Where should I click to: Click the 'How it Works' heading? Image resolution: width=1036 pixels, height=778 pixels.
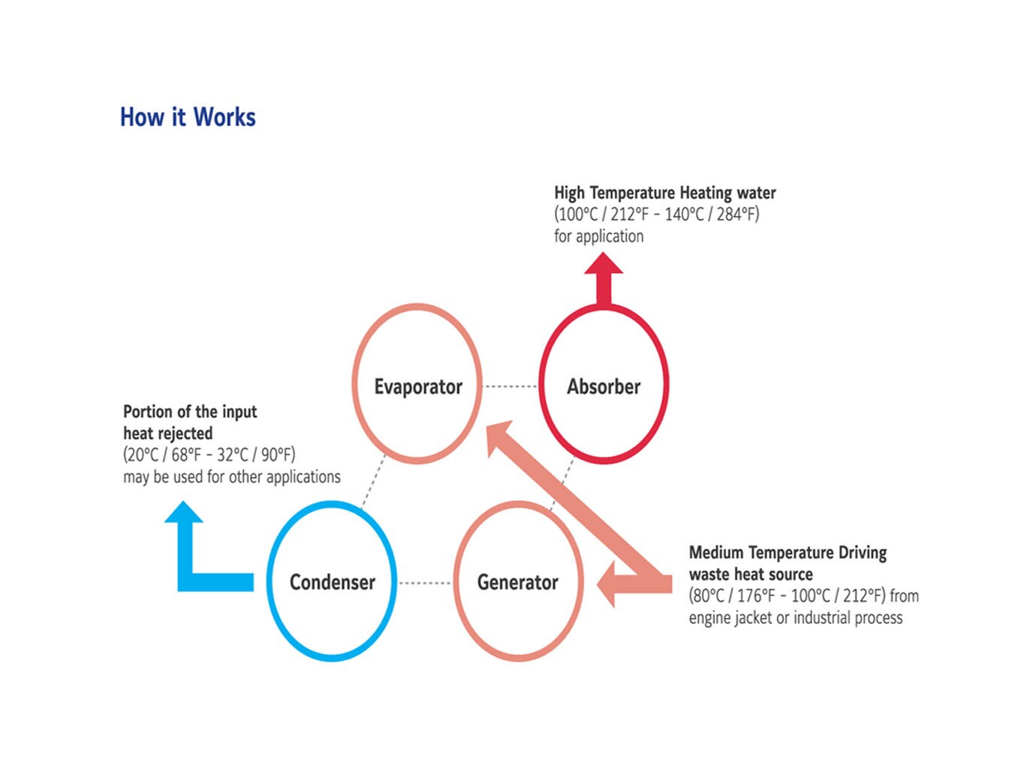pos(188,117)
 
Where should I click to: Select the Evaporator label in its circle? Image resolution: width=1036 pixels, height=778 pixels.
pos(418,386)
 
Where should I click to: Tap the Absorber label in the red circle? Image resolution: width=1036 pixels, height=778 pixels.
pos(604,386)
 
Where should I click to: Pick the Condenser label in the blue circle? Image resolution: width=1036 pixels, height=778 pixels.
pos(332,582)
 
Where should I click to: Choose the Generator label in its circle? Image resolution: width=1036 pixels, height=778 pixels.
pos(518,582)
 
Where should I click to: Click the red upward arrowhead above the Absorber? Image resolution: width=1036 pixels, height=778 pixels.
pos(604,265)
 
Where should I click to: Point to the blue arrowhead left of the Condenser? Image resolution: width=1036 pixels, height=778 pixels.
pos(184,513)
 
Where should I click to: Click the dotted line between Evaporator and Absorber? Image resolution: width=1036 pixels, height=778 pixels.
pos(510,386)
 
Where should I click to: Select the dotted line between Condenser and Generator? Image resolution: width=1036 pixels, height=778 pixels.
pos(425,583)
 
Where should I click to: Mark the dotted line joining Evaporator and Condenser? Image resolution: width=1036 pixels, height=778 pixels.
pos(373,482)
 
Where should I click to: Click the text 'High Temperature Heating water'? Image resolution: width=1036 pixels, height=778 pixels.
pos(664,193)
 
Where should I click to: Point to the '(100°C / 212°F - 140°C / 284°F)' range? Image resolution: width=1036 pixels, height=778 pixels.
pos(657,215)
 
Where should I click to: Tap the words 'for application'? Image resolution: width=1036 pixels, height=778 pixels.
pos(598,236)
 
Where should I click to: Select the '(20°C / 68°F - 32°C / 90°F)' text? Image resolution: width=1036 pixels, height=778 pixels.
pos(209,455)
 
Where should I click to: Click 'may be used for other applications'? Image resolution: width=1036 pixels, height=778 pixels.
pos(231,476)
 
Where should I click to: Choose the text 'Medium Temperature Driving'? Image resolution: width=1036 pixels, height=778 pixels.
pos(788,553)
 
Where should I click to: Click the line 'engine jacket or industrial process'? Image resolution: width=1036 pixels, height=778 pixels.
pos(796,618)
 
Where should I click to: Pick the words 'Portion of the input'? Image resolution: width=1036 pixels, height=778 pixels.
pos(190,412)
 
